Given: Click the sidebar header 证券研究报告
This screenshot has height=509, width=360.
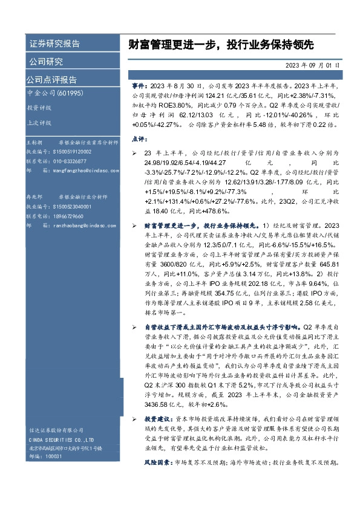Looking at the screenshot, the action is coord(54,44).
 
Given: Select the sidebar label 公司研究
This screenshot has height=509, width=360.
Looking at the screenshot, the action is coord(46,62).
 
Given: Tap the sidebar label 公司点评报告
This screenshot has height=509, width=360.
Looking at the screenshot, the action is coord(51,80).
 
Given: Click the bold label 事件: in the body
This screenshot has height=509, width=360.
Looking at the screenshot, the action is coord(139,87).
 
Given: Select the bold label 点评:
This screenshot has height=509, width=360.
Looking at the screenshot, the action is coord(140,138).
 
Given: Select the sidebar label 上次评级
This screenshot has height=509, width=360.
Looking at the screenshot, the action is coord(39,122).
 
